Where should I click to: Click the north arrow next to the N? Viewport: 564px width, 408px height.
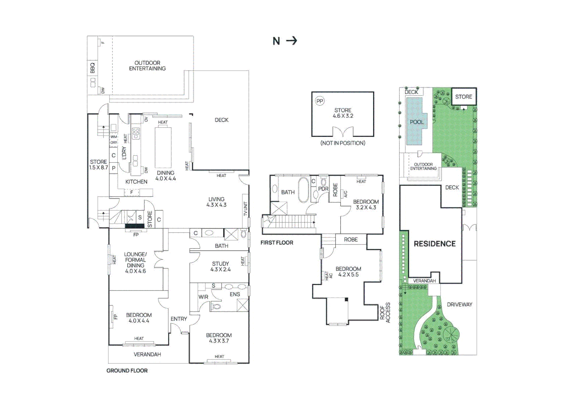pyautogui.click(x=291, y=40)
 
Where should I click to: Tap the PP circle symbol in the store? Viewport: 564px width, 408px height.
pyautogui.click(x=320, y=101)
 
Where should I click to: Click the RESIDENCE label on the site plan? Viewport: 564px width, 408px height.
pyautogui.click(x=435, y=244)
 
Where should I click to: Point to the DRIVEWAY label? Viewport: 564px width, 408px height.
pyautogui.click(x=459, y=304)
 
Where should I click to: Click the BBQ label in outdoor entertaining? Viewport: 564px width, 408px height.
pyautogui.click(x=92, y=68)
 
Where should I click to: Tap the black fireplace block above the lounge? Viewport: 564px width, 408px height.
pyautogui.click(x=134, y=226)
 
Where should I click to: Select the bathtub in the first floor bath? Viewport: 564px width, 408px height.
pyautogui.click(x=304, y=190)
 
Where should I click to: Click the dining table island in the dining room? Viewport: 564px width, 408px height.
pyautogui.click(x=163, y=147)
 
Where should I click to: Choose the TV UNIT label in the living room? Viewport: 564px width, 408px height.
pyautogui.click(x=245, y=209)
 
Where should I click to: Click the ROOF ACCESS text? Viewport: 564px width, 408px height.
pyautogui.click(x=385, y=312)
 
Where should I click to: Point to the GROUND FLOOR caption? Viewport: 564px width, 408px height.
pyautogui.click(x=127, y=371)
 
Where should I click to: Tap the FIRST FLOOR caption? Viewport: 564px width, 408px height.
pyautogui.click(x=277, y=243)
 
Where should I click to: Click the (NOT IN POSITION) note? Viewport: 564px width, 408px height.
pyautogui.click(x=343, y=143)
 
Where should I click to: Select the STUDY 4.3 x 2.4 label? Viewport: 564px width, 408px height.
pyautogui.click(x=220, y=266)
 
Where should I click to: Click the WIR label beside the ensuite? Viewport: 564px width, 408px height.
pyautogui.click(x=203, y=297)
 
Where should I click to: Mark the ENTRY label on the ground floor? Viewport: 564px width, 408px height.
pyautogui.click(x=179, y=319)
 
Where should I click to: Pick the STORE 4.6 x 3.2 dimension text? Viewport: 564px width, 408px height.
pyautogui.click(x=343, y=113)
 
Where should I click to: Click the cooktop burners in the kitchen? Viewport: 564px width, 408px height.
pyautogui.click(x=136, y=133)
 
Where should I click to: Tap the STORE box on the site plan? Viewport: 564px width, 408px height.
pyautogui.click(x=464, y=97)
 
